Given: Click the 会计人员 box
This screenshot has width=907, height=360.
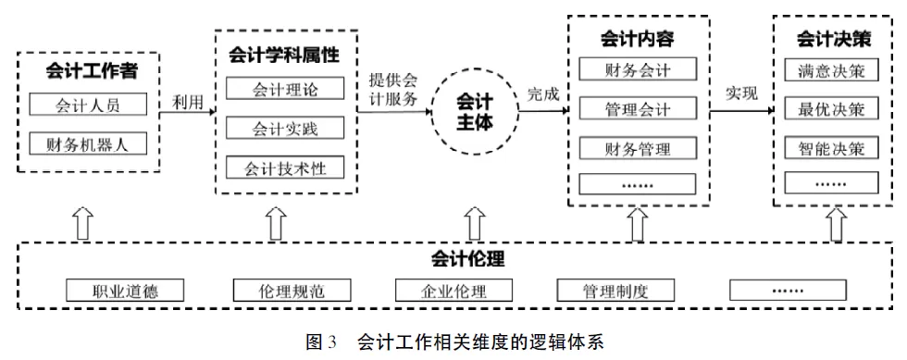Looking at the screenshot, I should pos(88,105).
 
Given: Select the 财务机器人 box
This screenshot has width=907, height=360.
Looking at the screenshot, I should pos(88,143).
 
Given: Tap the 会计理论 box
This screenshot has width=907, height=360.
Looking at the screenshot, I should pos(285,89).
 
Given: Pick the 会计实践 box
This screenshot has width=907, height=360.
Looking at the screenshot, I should pos(285,128).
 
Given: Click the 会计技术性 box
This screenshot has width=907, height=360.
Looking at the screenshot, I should pos(285,168).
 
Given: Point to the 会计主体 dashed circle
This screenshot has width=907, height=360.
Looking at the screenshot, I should pos(475,111).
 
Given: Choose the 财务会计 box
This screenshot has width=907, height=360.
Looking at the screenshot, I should pos(637,69).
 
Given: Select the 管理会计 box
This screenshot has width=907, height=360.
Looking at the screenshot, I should pos(637,109).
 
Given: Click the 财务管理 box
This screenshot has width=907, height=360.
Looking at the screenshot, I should pos(637,148).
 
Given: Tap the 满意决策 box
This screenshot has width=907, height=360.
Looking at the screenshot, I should pos(830,70).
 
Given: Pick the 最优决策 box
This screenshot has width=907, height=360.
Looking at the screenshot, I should pos(830,109).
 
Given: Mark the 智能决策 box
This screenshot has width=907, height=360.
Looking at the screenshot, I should pos(830,148).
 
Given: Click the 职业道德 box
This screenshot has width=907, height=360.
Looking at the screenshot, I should pos(126,291).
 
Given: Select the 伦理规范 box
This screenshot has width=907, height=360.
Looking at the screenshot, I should pos(292,291).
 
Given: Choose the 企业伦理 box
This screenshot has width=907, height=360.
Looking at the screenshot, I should pos(454,291).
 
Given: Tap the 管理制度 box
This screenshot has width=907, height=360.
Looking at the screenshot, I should pos(615,291).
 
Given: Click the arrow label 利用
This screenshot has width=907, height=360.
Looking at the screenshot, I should pos(188,103).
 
